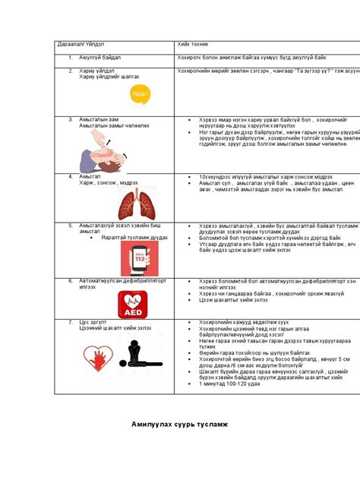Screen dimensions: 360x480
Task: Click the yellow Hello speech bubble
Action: (x=141, y=93)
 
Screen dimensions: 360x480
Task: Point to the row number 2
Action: (x=70, y=70)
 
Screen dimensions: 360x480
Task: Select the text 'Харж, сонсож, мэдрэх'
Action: (x=107, y=182)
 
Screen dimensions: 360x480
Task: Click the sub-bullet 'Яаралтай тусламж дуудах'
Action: (x=128, y=238)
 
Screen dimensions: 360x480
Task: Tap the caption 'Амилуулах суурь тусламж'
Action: (x=179, y=423)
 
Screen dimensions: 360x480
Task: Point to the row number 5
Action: (x=70, y=226)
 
